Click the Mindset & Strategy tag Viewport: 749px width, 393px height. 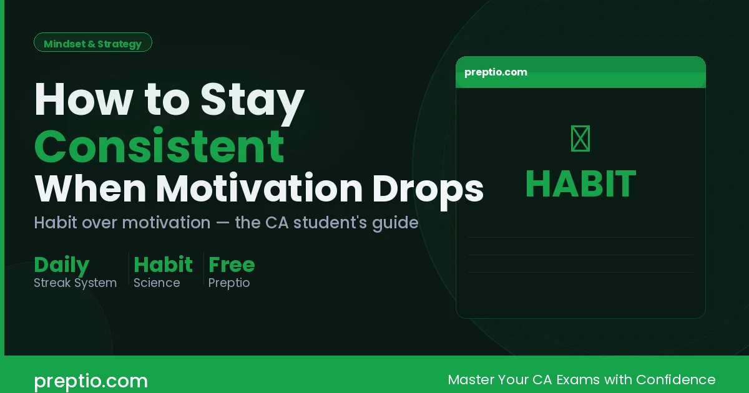(92, 44)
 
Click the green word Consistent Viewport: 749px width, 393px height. (159, 146)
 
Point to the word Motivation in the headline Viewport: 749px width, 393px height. (260, 189)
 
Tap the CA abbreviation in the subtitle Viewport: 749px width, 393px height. (288, 223)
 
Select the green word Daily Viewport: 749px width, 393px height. (61, 265)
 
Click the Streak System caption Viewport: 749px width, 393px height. (75, 283)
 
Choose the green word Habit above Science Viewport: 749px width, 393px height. (163, 264)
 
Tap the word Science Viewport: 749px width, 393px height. (157, 283)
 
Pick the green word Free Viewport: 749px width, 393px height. (232, 264)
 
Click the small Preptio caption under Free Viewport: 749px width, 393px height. (229, 283)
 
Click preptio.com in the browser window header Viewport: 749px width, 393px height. (496, 72)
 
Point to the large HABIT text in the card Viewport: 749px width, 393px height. (580, 185)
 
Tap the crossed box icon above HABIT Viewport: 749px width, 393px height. (580, 138)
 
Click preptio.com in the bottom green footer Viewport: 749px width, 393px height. (91, 381)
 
